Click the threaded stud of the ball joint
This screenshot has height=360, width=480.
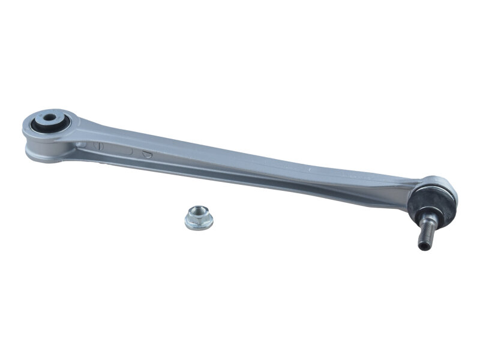coord(424,229)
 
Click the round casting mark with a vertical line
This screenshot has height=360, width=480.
coord(100,146)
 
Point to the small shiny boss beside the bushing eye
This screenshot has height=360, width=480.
coord(80,145)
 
